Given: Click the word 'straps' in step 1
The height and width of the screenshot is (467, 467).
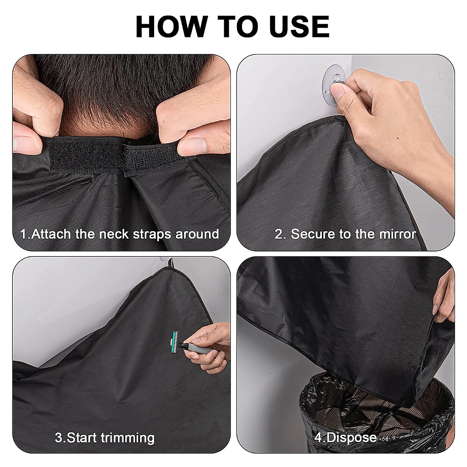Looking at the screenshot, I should pyautogui.click(x=153, y=234).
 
